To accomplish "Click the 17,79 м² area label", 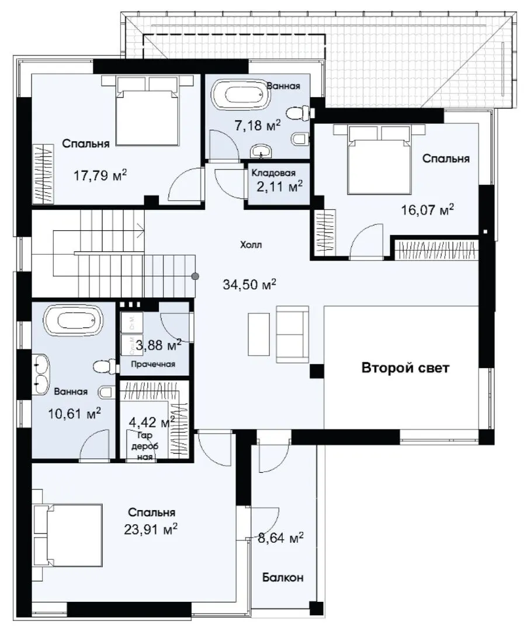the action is coord(101,175).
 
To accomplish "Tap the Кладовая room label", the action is coord(273,172).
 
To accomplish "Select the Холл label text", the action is coord(251,245).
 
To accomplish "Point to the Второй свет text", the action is coord(406,368).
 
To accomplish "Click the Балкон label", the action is coord(283,577).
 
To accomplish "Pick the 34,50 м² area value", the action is coord(250,284).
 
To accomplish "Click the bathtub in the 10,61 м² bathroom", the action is coord(73,321).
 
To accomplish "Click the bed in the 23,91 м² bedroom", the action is coord(68,535).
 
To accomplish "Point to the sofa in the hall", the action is coord(292,334).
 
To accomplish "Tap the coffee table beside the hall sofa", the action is coord(259,334).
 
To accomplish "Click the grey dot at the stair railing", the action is coord(195,276).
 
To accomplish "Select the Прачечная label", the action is coord(154,364).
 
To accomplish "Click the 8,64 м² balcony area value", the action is coord(281,538).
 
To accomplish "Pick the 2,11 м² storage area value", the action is coord(280,186).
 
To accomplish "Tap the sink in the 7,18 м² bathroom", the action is coord(261,152).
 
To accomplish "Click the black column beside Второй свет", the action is coord(316,371).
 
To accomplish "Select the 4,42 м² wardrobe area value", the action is coord(152,422).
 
